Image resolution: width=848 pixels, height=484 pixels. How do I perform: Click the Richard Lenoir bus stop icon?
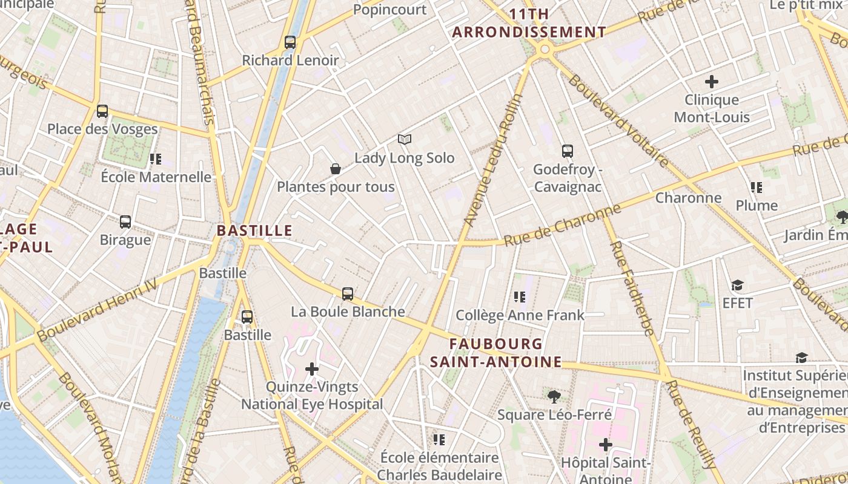pos(290,42)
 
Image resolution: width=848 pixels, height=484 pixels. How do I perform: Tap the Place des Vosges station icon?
pos(102,111)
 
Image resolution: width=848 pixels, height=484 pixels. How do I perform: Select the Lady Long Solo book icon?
pos(405,140)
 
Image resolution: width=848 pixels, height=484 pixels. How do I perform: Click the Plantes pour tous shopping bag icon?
pos(336,169)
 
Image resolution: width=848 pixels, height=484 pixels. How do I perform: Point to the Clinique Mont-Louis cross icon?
pos(712,81)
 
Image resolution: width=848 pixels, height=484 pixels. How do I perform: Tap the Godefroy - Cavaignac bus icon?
pos(568,151)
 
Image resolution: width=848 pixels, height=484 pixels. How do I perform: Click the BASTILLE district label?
pos(254,231)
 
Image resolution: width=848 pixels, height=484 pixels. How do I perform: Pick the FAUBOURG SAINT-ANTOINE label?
pos(496,353)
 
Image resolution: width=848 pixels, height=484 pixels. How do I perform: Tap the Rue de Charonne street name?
pos(563,225)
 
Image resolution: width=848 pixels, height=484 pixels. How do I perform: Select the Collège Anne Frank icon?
pos(520,296)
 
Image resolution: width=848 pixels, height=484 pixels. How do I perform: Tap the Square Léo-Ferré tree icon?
pos(554,397)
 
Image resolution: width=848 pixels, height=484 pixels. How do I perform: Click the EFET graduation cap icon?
pos(737,285)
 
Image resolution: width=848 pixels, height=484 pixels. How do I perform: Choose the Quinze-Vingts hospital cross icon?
pos(312,368)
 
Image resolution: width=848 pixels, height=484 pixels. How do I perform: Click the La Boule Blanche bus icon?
pos(348,294)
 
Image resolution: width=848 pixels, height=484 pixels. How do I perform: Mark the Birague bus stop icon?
pos(125,222)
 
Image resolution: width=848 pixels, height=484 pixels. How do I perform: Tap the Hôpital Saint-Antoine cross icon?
pos(606,445)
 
